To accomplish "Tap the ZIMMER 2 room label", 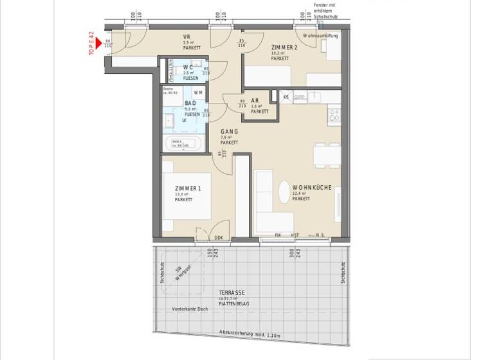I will click(284, 48).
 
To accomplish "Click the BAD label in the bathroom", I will click(190, 103).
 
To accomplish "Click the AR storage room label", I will click(255, 101).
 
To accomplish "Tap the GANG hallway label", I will click(229, 131).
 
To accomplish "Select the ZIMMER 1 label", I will click(188, 188).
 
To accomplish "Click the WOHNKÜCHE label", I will click(311, 188).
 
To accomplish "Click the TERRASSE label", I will click(231, 292).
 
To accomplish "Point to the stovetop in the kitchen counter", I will click(334, 116).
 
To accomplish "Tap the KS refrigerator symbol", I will click(286, 97).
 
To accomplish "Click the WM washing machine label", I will click(197, 93).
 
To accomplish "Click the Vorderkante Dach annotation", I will click(190, 310).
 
